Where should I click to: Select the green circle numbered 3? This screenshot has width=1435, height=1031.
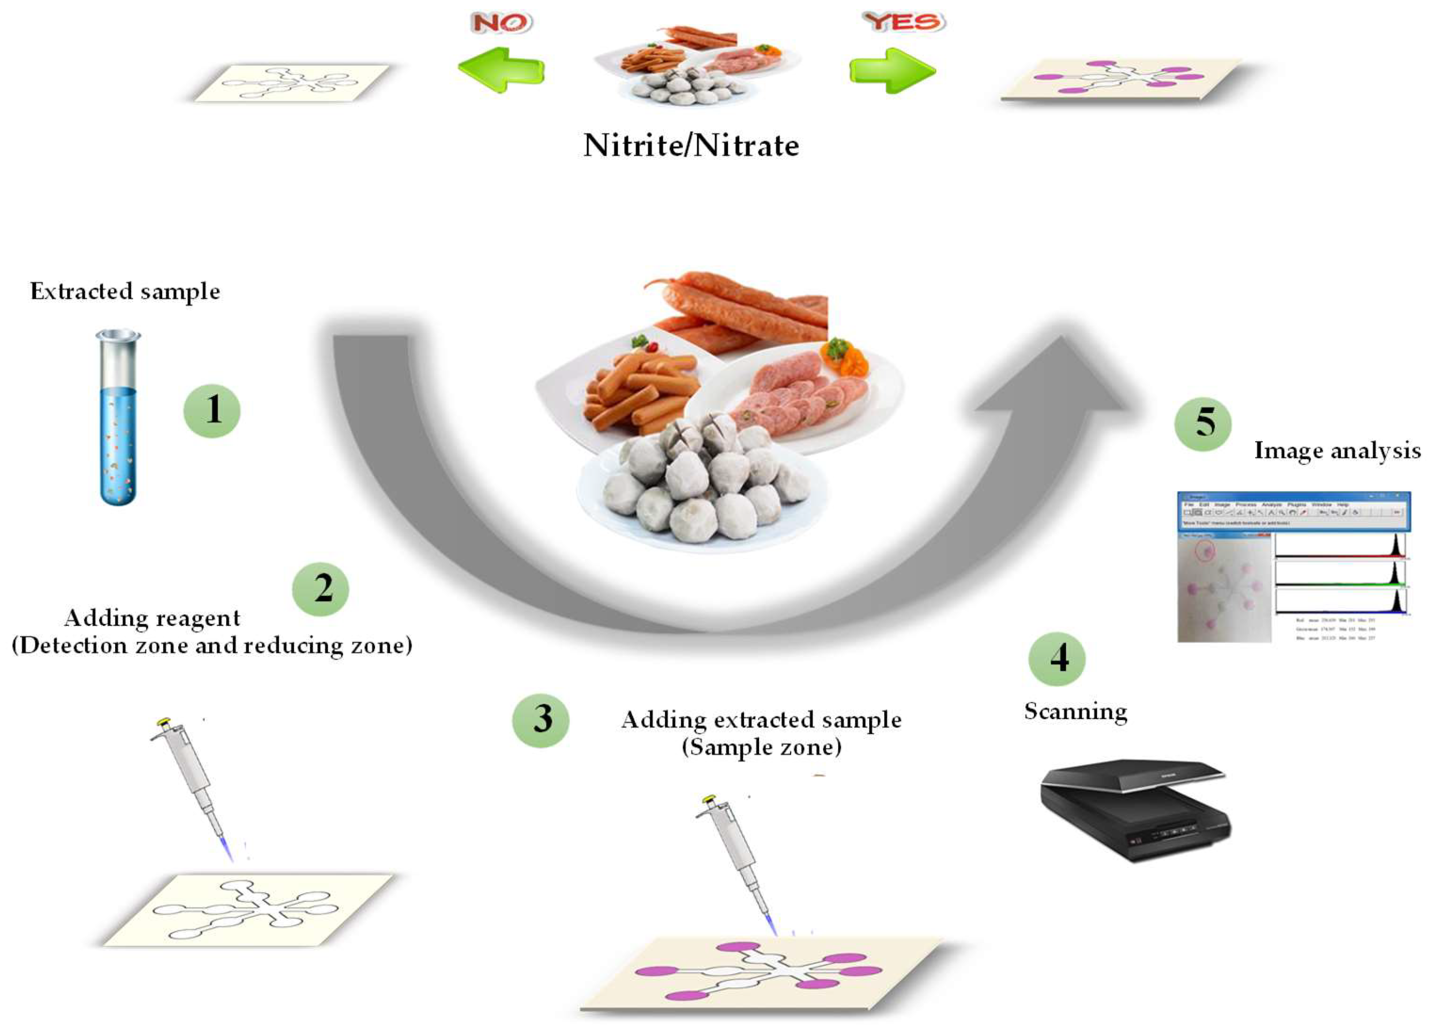(540, 720)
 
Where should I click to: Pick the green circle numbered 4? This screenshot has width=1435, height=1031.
(1056, 659)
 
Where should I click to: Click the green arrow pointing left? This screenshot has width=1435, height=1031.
(501, 70)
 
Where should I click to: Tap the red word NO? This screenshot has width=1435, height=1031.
(501, 23)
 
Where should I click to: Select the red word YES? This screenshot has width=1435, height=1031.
(904, 22)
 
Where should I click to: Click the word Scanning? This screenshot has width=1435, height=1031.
(1075, 712)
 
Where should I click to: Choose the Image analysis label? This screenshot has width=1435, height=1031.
(1337, 451)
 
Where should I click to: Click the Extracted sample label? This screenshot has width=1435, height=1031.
(125, 291)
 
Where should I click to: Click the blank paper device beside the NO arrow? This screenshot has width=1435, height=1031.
(291, 82)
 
